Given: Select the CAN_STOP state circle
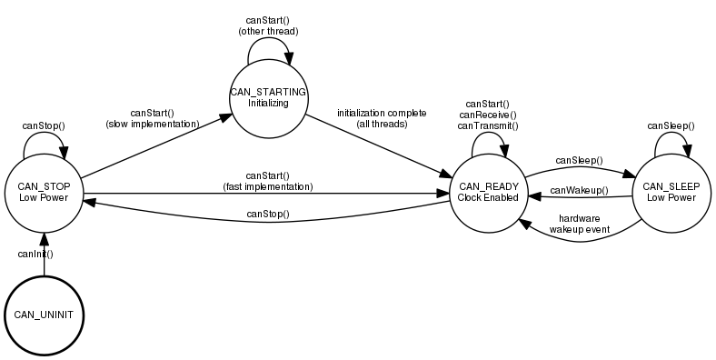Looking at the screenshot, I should pyautogui.click(x=44, y=192).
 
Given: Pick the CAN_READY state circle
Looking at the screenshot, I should pyautogui.click(x=488, y=192).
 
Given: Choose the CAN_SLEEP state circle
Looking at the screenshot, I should pyautogui.click(x=670, y=192).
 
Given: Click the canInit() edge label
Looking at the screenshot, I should pyautogui.click(x=36, y=254).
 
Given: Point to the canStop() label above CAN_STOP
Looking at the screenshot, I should pyautogui.click(x=44, y=125).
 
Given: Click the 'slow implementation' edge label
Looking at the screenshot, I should pyautogui.click(x=153, y=123).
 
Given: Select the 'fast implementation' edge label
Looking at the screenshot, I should pyautogui.click(x=268, y=186).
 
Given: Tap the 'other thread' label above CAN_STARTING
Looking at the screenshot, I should pyautogui.click(x=268, y=31).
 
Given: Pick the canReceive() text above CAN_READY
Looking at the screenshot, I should pyautogui.click(x=488, y=115).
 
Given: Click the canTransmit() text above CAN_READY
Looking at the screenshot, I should pyautogui.click(x=488, y=126).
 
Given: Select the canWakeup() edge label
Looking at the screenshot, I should pyautogui.click(x=579, y=190).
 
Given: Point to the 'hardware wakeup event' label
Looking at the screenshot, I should pyautogui.click(x=579, y=225).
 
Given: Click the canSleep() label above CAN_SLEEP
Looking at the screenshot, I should pyautogui.click(x=670, y=125).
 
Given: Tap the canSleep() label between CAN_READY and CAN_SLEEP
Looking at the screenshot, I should pyautogui.click(x=579, y=161).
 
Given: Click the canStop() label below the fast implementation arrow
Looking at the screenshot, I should pyautogui.click(x=268, y=215).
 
